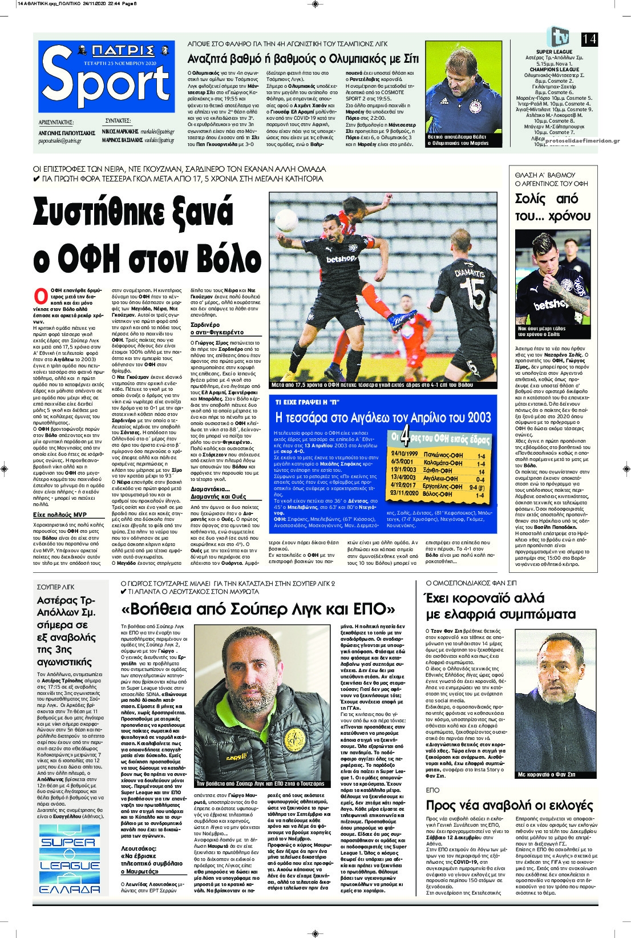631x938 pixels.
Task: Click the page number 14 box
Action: tap(589, 39)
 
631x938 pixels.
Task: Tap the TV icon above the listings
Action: tap(557, 37)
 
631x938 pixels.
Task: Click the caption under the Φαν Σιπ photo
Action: tap(546, 774)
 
